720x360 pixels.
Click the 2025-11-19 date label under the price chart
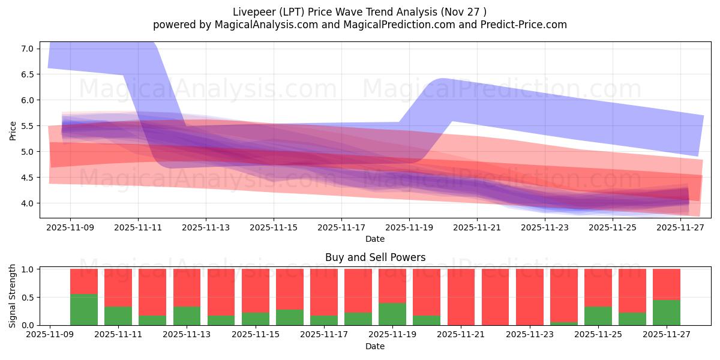[409, 228]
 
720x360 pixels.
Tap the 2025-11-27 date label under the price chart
[680, 228]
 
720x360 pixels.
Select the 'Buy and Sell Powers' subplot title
[375, 257]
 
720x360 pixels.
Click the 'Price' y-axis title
[13, 130]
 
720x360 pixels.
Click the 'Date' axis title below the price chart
[375, 239]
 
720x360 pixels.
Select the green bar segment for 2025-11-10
[84, 310]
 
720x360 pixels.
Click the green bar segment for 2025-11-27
[667, 313]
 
